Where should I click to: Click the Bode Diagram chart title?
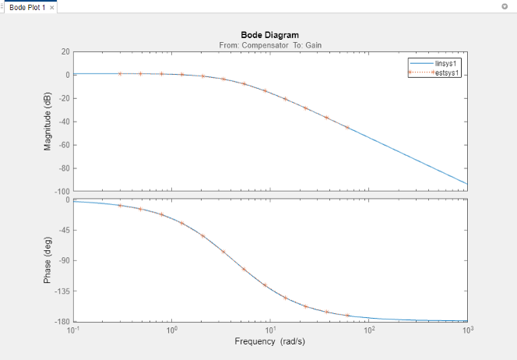click(x=269, y=35)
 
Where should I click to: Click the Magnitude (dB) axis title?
click(x=48, y=121)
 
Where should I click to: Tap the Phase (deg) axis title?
click(x=48, y=260)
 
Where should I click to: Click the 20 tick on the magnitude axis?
click(x=65, y=51)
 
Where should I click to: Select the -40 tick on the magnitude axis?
click(x=64, y=122)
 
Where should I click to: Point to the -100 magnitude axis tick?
click(x=62, y=192)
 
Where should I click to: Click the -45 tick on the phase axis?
click(x=64, y=230)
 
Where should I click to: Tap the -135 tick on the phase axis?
click(x=62, y=291)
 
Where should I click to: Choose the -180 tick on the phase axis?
click(x=62, y=321)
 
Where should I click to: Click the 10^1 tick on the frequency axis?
click(x=269, y=330)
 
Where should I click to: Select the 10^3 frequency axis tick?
click(x=466, y=330)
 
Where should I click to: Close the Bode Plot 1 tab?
click(x=51, y=7)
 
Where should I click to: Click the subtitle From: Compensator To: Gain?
click(x=269, y=44)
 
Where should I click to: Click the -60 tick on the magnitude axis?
click(x=64, y=145)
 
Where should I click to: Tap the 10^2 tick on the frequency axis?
click(x=368, y=330)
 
